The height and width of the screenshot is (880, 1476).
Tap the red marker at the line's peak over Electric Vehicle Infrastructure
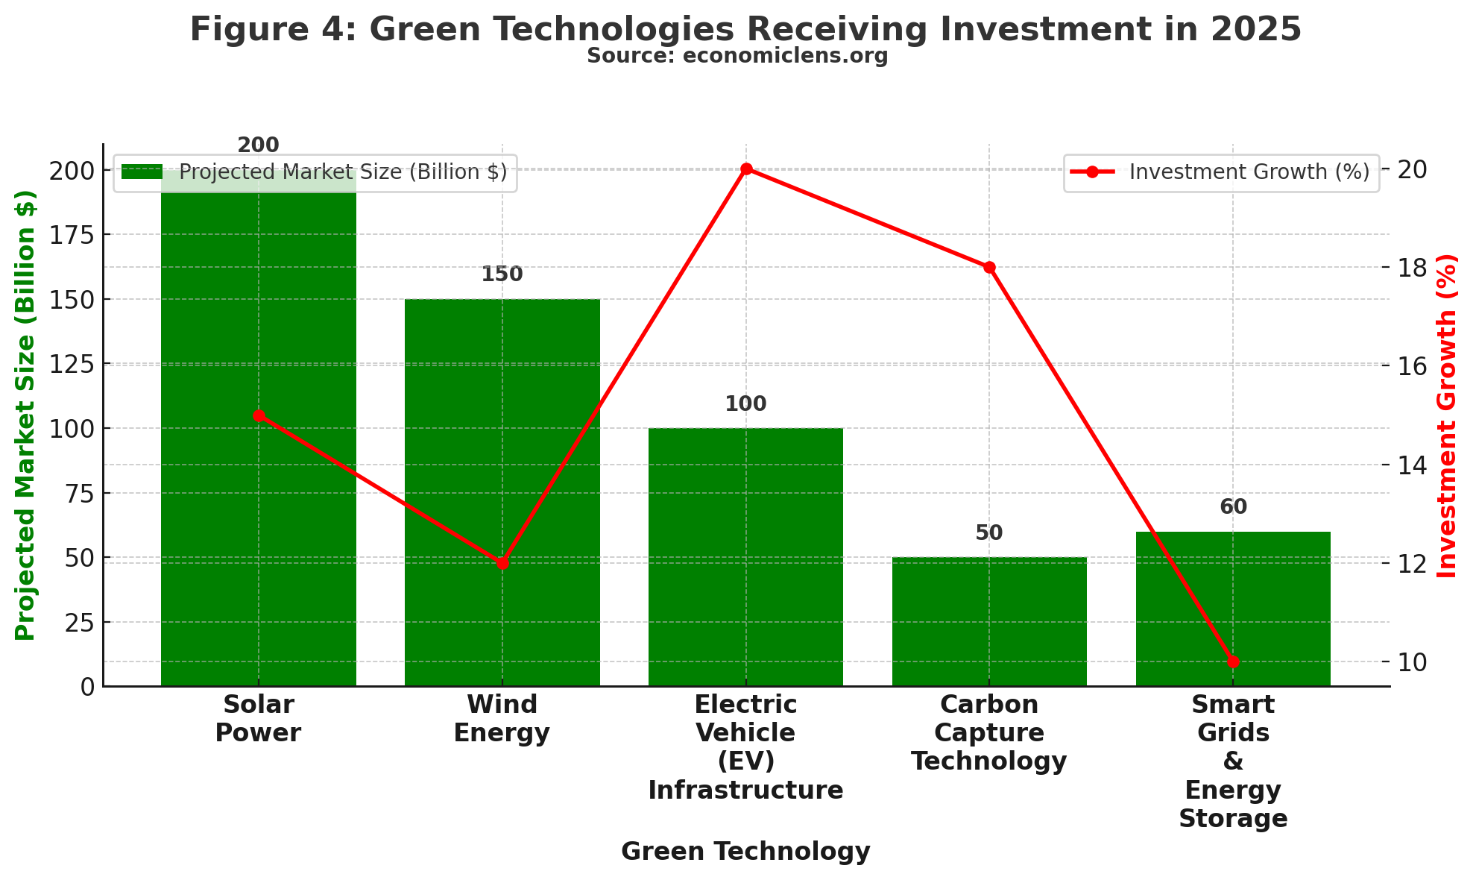[746, 169]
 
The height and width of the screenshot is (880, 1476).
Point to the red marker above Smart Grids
[1233, 661]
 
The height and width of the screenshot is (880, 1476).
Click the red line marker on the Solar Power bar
[259, 415]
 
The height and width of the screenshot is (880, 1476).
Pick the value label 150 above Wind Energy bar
[502, 274]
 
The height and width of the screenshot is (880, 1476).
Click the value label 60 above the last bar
[1233, 507]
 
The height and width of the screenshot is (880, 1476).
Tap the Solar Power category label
[258, 718]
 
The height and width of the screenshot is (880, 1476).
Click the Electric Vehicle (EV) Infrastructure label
[745, 747]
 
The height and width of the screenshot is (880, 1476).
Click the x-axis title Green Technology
[745, 852]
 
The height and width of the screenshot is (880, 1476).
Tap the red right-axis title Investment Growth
[1446, 415]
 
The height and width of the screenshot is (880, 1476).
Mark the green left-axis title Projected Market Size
[25, 415]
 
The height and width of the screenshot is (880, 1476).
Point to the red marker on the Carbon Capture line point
[989, 267]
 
